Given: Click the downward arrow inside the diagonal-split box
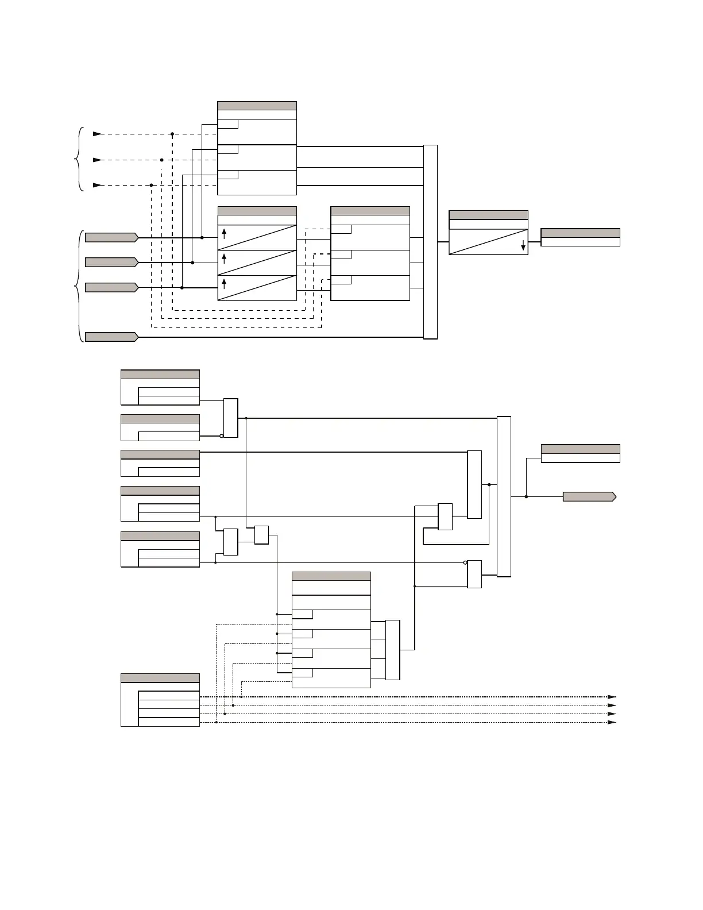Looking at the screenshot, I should click(523, 246).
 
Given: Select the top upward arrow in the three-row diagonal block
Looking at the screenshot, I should click(224, 233).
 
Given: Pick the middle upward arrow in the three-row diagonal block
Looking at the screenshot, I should click(224, 258).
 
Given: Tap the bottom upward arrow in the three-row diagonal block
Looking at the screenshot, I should click(224, 283).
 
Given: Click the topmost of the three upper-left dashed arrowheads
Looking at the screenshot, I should click(97, 134).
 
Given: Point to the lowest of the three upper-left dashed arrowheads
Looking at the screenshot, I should click(97, 185).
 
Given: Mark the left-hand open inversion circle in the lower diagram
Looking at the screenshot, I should click(221, 436).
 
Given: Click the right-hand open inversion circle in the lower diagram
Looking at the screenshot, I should click(465, 562).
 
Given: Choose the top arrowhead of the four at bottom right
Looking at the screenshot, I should click(612, 697).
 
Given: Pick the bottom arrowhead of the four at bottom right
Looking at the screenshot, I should click(612, 722).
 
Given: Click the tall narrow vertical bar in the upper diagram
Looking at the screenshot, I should click(430, 242).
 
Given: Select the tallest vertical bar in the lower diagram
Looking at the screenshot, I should click(504, 496).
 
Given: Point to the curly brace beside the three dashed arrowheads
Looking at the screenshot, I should click(80, 159).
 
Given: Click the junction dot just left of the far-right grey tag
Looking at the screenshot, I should click(526, 496).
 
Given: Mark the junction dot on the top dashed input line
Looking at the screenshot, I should click(172, 134).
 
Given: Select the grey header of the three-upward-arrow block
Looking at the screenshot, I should click(257, 211).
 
